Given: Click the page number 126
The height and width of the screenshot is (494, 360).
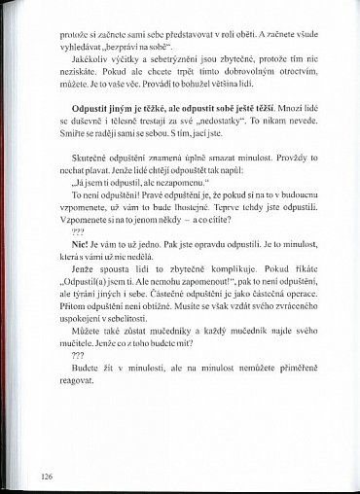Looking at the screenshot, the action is tap(47, 476).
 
